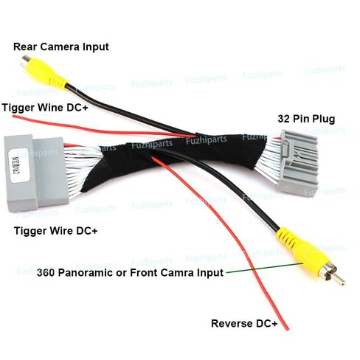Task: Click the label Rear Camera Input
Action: pyautogui.click(x=61, y=46)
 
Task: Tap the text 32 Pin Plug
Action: pyautogui.click(x=306, y=119)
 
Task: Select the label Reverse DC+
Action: pyautogui.click(x=244, y=323)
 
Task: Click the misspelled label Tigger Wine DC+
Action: pyautogui.click(x=45, y=108)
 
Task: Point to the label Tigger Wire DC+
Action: pyautogui.click(x=56, y=231)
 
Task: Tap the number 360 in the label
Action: pyautogui.click(x=46, y=272)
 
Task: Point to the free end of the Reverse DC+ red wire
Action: pyautogui.click(x=287, y=329)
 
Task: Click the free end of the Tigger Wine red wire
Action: pyautogui.click(x=14, y=117)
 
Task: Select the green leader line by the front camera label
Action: pyautogui.click(x=265, y=268)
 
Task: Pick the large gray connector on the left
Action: pyautogui.click(x=36, y=173)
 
